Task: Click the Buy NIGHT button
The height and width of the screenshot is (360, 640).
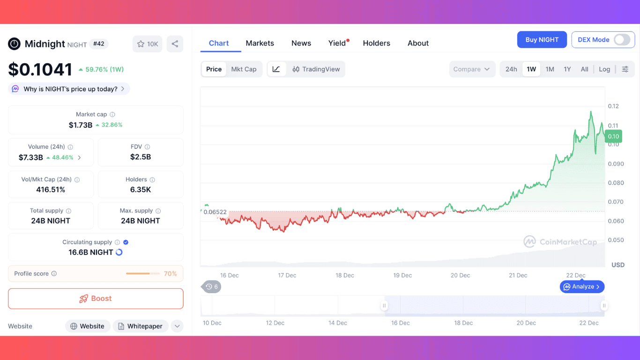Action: pos(542,40)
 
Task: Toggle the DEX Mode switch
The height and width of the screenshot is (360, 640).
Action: pos(622,40)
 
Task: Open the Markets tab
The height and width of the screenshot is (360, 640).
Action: pos(260,43)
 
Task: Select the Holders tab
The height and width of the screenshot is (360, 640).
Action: pos(376,43)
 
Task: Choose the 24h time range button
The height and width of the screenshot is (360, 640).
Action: pos(511,69)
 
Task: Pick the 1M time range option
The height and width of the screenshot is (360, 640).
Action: pos(550,69)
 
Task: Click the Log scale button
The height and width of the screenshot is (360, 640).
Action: pos(604,69)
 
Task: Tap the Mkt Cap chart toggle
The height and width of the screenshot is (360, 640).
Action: pos(244,69)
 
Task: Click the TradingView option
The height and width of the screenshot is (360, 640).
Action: pos(316,69)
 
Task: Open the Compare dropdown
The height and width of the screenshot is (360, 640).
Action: pos(472,69)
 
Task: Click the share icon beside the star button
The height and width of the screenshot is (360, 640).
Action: pos(175,44)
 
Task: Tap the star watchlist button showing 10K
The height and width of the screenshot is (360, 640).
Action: pos(147,44)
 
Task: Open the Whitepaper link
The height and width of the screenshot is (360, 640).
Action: pos(140,326)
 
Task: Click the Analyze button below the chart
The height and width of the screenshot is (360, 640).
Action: pos(582,286)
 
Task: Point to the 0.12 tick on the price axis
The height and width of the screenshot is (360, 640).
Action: pos(613,106)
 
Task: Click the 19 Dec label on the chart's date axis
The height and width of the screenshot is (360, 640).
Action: pos(402,275)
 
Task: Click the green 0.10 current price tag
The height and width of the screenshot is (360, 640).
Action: pos(613,136)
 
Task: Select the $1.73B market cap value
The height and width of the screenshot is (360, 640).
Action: pos(81,125)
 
